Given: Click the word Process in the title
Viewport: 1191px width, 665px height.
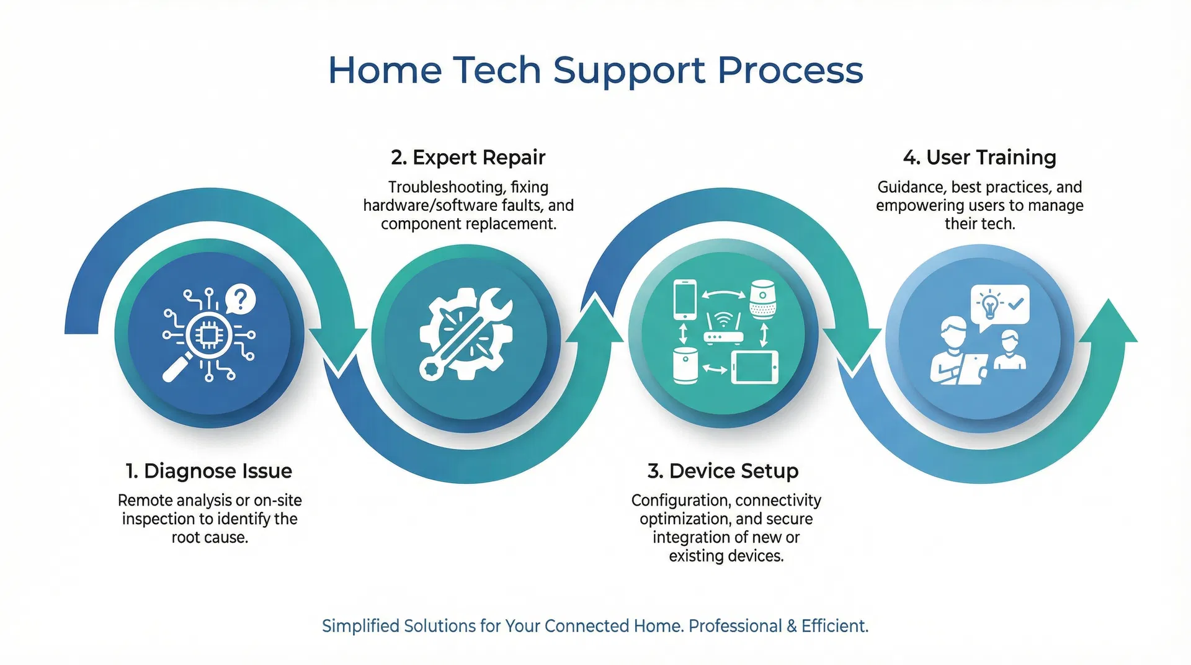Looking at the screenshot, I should tap(790, 70).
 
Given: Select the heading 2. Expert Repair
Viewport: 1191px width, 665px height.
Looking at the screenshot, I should tap(468, 158).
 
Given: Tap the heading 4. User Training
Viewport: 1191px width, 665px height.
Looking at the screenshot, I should tap(979, 158).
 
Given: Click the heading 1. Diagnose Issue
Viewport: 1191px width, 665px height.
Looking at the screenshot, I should tap(208, 471).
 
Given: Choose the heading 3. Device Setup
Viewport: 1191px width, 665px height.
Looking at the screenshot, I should tap(723, 471).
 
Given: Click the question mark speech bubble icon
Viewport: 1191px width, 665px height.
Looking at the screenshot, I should tap(241, 298).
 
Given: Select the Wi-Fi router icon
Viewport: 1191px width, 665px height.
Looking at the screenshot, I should tap(723, 329).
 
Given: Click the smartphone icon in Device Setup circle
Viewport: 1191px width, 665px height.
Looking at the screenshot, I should tap(685, 300).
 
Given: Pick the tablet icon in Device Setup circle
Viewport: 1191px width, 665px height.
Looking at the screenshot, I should tap(754, 367).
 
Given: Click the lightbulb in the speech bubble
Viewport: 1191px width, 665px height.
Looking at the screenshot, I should tap(990, 305).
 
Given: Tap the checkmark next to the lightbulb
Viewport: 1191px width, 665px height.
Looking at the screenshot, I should tap(1015, 303).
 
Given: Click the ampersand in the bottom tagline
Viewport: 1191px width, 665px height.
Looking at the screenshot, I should tap(792, 626).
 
